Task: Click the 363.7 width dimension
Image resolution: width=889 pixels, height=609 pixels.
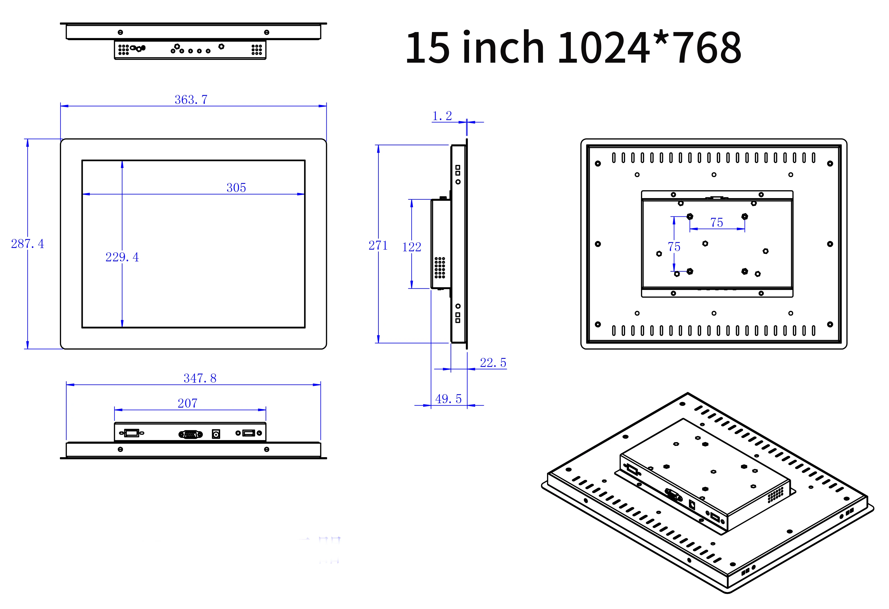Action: tap(191, 100)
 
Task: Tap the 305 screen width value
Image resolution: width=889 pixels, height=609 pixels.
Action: tap(236, 188)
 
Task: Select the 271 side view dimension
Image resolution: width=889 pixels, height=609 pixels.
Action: tap(378, 245)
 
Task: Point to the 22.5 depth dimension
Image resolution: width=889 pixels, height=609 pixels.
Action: tap(493, 362)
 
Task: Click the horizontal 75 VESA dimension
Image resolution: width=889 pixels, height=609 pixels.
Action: tap(716, 223)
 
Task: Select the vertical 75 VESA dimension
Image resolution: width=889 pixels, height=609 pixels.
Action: tap(674, 247)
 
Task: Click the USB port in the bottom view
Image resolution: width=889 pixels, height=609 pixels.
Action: tap(249, 433)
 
